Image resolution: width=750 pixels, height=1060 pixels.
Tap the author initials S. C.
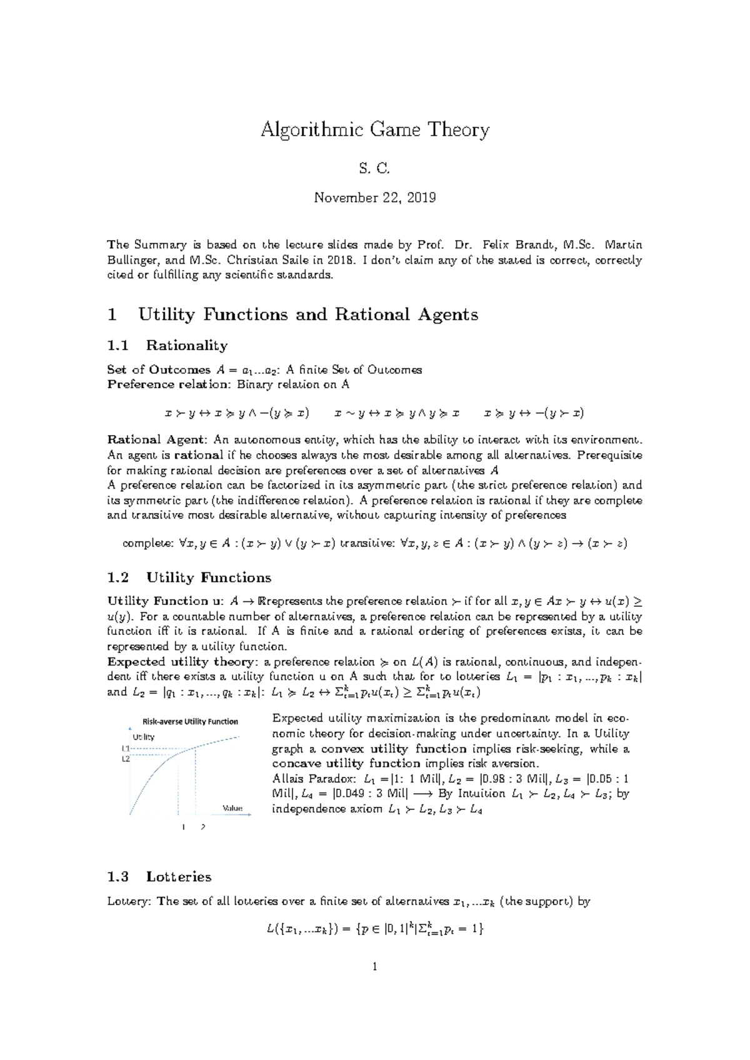375,167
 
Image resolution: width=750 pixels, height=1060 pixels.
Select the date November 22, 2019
375,198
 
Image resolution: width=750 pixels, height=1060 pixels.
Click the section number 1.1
118,346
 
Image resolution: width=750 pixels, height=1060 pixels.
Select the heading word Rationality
187,346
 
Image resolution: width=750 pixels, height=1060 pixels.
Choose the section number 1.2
118,577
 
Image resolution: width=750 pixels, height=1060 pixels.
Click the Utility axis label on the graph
144,737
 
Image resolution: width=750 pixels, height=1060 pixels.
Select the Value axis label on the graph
232,808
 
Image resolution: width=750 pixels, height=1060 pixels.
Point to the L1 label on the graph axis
125,748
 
